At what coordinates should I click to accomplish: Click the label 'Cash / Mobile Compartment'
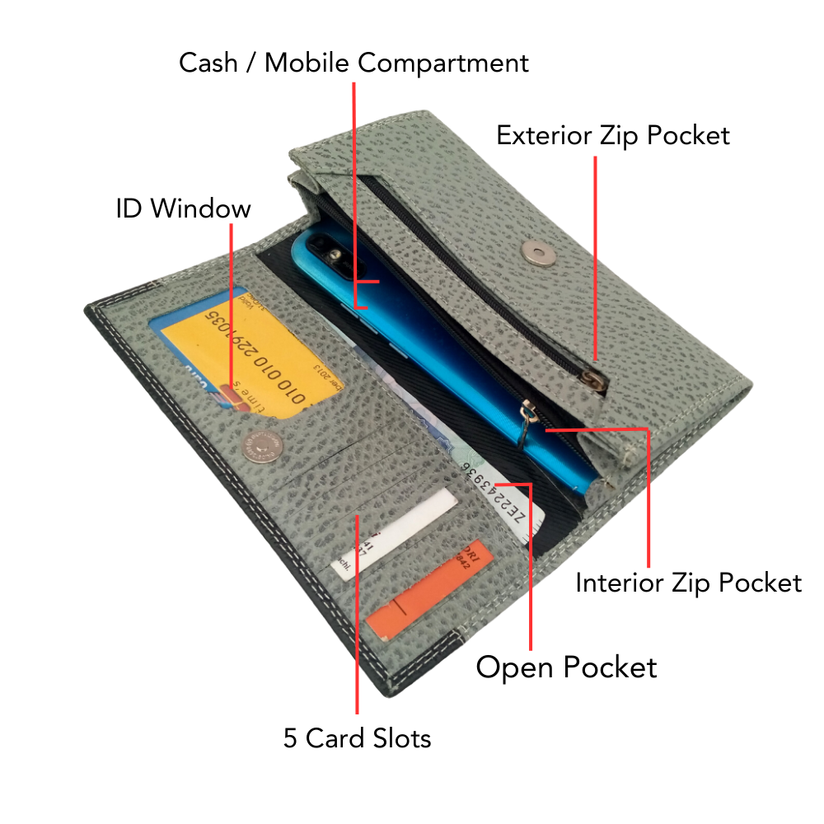pos(353,63)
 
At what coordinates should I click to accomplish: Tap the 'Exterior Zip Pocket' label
pos(612,135)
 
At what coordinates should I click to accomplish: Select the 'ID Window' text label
pos(183,208)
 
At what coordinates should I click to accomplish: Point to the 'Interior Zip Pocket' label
pos(688,583)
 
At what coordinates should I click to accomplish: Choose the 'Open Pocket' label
pos(566,667)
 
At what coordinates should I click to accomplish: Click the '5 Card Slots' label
pos(357,738)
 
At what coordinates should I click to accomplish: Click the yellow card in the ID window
pos(247,354)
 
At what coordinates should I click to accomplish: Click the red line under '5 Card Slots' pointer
pos(357,626)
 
